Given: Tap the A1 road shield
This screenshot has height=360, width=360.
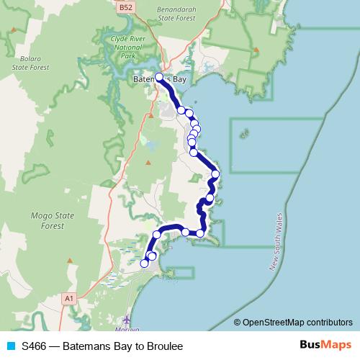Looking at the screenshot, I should pyautogui.click(x=69, y=297).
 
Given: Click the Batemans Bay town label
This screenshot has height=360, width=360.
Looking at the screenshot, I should pyautogui.click(x=160, y=78).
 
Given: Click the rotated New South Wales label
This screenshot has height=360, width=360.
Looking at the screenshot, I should pyautogui.click(x=283, y=243).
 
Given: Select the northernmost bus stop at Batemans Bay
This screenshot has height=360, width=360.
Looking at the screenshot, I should pyautogui.click(x=159, y=76).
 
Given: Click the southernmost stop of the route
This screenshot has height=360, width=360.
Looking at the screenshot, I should pyautogui.click(x=144, y=264).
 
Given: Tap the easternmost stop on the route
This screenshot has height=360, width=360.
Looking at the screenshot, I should pyautogui.click(x=215, y=174).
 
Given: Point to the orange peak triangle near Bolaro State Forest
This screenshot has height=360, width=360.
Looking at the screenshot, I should pyautogui.click(x=15, y=31).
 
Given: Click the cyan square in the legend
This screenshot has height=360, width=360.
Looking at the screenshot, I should pyautogui.click(x=10, y=346).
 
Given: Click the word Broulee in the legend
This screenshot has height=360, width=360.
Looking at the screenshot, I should pyautogui.click(x=163, y=346).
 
